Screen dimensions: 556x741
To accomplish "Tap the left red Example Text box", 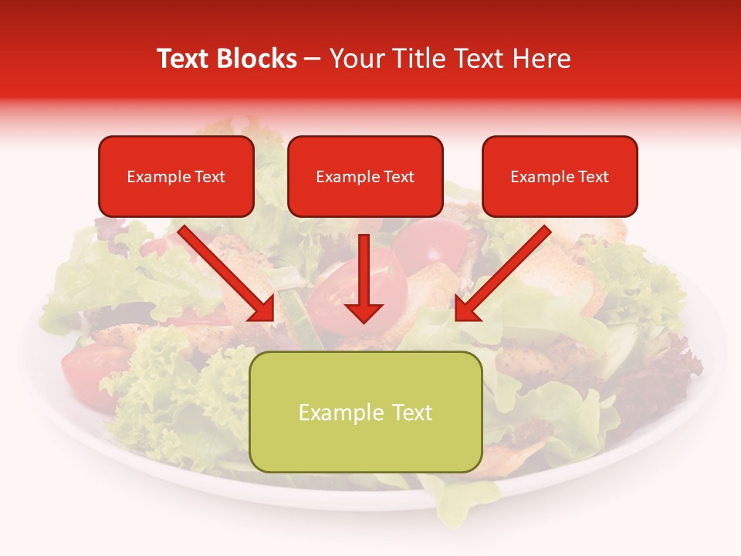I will tap(176, 176).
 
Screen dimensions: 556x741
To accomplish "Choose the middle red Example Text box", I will tap(365, 176).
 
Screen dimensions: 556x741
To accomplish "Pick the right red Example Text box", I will tap(560, 176).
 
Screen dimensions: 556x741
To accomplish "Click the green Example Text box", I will tap(366, 412).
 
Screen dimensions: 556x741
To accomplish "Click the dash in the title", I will tap(313, 59).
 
